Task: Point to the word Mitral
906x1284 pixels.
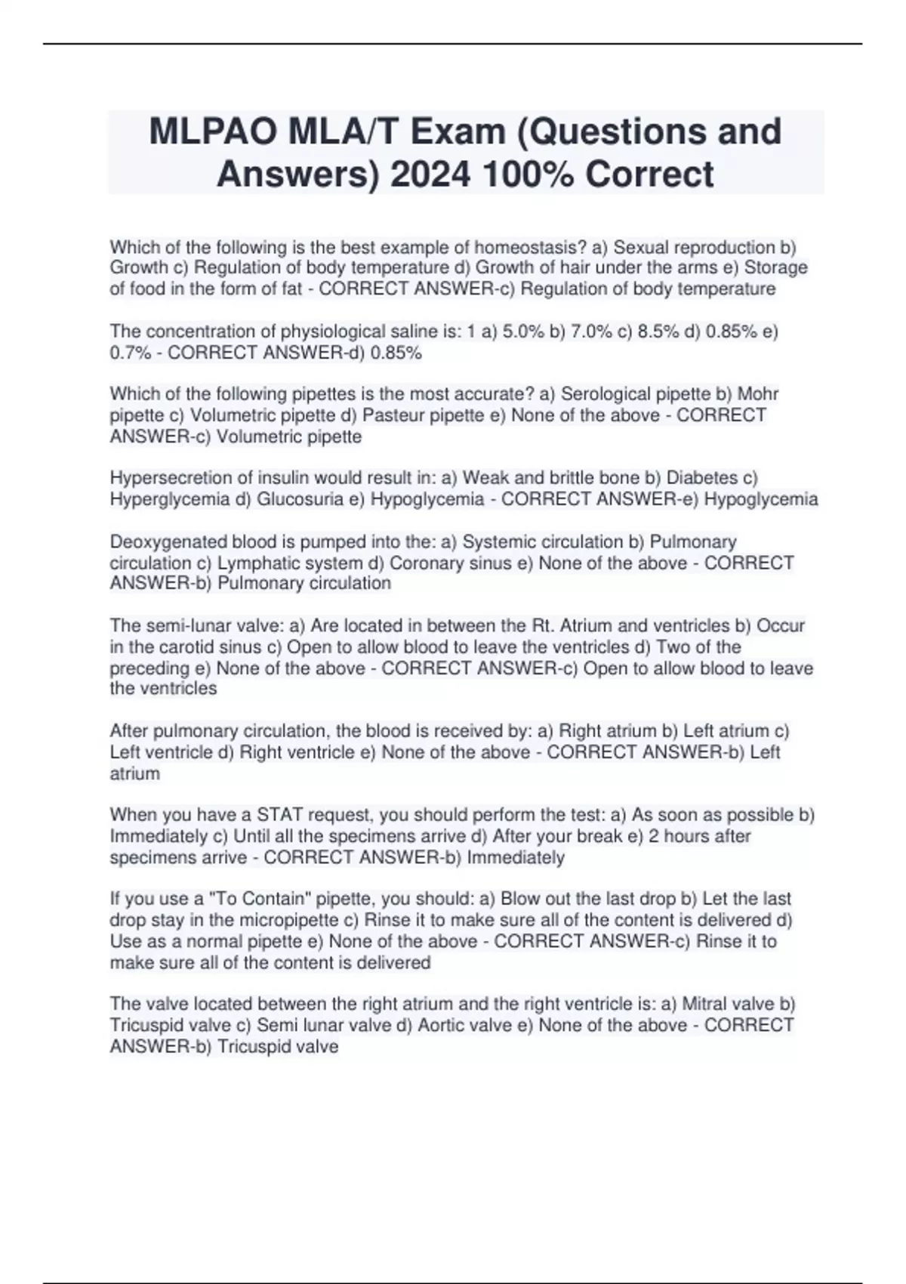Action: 704,1004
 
